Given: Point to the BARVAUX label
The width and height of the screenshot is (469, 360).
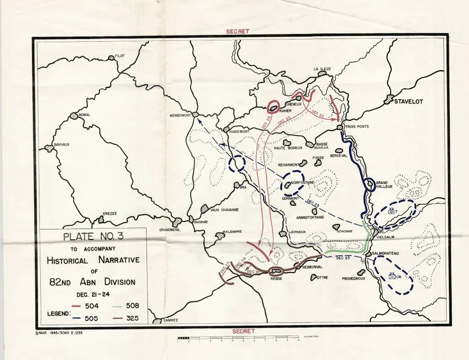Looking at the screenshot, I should [x=61, y=144].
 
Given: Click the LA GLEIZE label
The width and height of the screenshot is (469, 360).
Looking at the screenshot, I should [x=322, y=69].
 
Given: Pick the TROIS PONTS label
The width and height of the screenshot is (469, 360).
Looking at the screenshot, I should [x=356, y=127].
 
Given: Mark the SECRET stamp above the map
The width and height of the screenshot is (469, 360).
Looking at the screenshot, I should [x=237, y=31].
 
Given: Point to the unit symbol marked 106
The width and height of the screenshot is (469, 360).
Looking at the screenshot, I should [x=394, y=276].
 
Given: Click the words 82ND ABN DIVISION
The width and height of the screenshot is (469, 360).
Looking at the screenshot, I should [x=92, y=282].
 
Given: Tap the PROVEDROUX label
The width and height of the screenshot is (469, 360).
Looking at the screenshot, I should [x=353, y=278].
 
